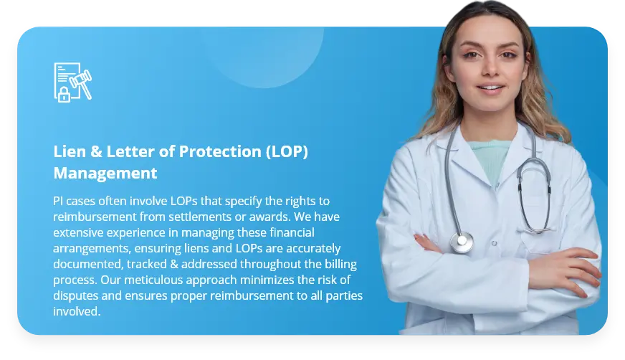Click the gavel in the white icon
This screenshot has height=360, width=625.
click(81, 83)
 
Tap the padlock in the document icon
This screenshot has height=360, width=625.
click(64, 95)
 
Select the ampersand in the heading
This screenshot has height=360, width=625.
click(97, 152)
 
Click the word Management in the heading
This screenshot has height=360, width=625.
click(105, 173)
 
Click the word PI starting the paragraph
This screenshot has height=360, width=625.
click(58, 201)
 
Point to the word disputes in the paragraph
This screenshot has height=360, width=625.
click(76, 295)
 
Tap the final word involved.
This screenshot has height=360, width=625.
click(77, 311)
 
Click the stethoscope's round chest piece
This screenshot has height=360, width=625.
click(462, 241)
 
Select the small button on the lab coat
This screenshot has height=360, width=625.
click(495, 243)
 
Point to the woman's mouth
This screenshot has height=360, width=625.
click(491, 87)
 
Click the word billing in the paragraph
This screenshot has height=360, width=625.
click(340, 264)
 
